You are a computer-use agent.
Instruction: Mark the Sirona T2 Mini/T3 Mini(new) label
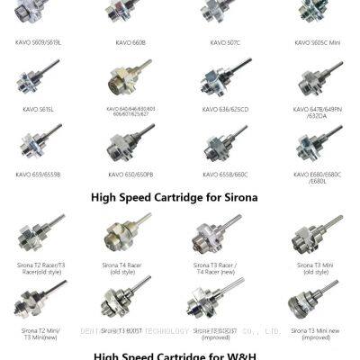click(x=36, y=335)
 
